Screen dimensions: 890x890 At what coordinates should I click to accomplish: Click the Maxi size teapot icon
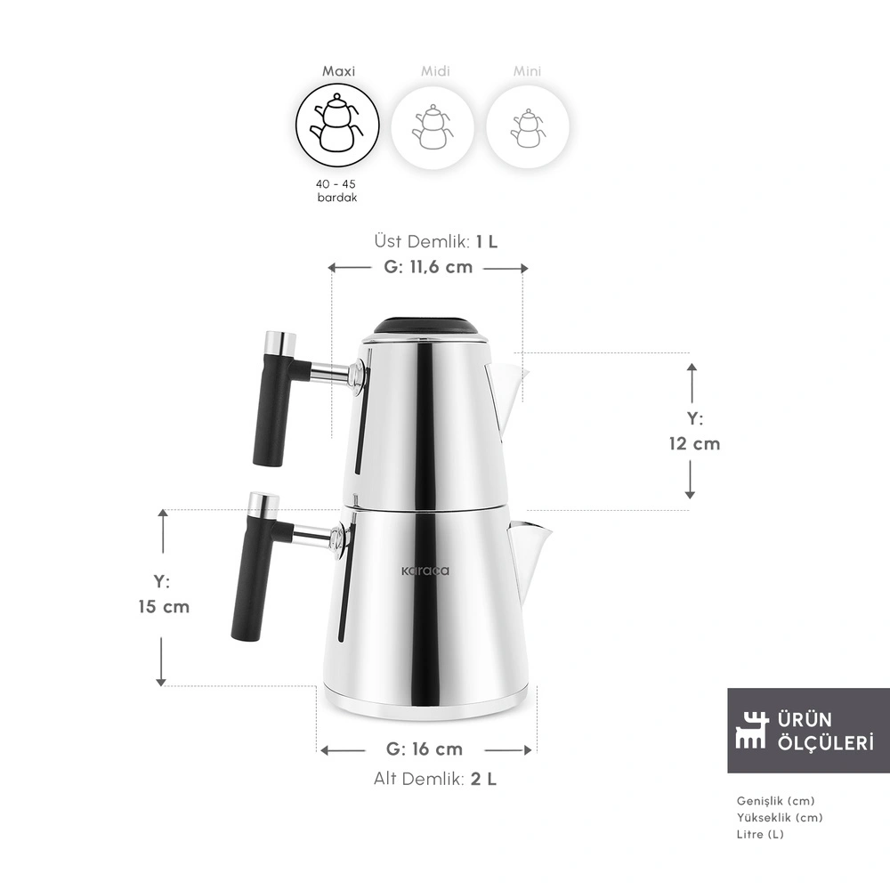point(337,125)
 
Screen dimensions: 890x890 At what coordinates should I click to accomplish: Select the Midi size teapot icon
point(433,127)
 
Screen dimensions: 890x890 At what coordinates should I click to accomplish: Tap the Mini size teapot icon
point(527,127)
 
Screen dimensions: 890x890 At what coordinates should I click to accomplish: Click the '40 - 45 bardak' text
point(336,190)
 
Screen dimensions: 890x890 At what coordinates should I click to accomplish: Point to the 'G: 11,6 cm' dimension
point(428,267)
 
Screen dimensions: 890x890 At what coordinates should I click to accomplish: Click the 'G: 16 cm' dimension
point(425,749)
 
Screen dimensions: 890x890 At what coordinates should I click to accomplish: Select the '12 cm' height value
point(694,443)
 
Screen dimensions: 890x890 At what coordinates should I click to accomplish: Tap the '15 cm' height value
point(164,607)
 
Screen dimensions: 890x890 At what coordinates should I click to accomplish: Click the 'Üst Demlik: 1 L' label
point(436,241)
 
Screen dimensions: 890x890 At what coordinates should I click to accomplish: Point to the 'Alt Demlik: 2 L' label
point(435,779)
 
